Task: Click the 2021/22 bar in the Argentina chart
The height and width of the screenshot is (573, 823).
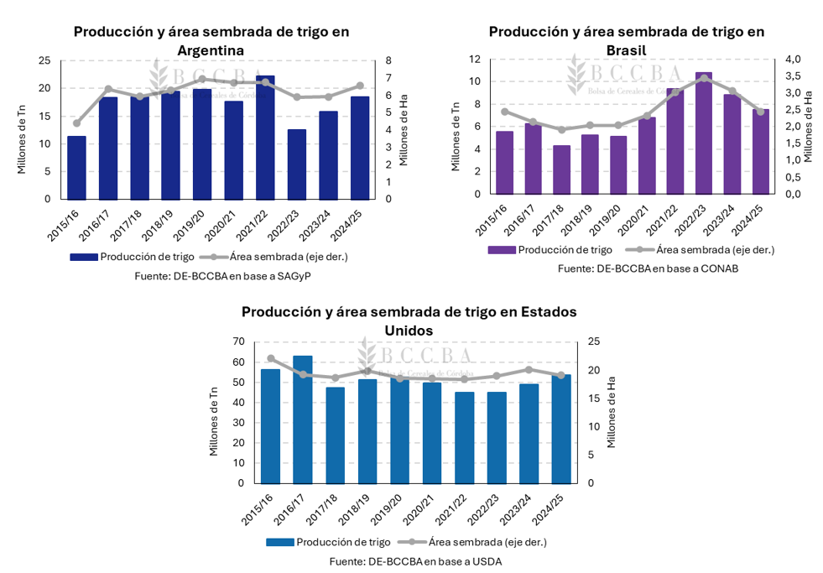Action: coord(265,138)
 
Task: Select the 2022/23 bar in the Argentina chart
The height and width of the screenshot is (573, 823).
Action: coord(296,164)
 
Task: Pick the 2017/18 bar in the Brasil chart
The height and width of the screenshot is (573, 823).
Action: coord(561,169)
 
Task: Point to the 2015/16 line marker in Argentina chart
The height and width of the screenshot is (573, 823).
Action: coord(76,123)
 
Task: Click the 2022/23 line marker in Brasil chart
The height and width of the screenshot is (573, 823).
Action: coord(704,78)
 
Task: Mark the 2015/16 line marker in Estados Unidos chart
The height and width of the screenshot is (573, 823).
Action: coord(270,358)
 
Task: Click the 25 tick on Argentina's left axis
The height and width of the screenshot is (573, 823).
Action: coord(44,60)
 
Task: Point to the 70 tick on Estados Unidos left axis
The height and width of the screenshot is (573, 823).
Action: coord(238,341)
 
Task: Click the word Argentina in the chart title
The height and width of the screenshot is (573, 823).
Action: coord(211,50)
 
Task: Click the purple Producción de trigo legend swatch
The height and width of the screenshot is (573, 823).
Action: coord(501,250)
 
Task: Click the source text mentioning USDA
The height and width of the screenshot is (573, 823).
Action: coord(415,561)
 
